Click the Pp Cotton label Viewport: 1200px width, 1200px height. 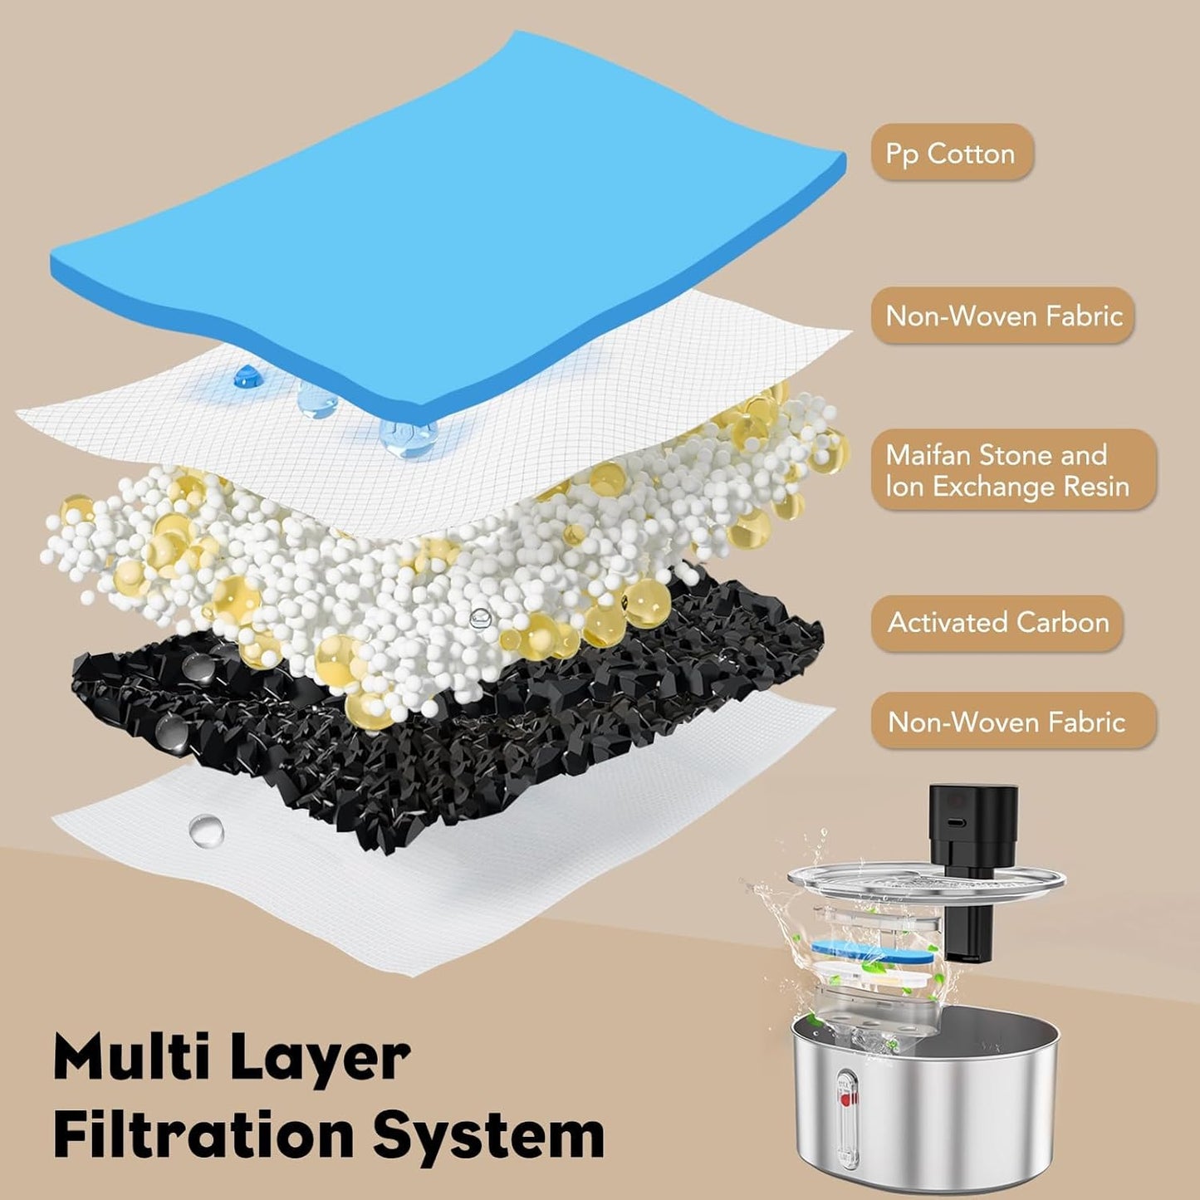(x=951, y=153)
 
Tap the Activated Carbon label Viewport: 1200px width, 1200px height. (x=997, y=623)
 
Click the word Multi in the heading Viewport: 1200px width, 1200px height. (x=129, y=1057)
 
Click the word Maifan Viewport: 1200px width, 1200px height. (x=928, y=455)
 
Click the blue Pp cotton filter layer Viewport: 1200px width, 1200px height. (x=448, y=208)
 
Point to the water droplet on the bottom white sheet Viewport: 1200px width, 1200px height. (x=205, y=830)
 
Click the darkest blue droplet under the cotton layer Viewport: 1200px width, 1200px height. (x=246, y=377)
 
